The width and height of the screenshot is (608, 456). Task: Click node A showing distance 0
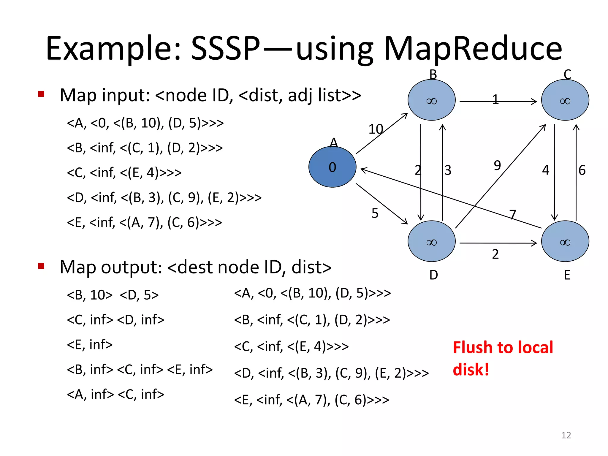[x=332, y=167]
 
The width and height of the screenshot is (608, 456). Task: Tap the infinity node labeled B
[x=431, y=100]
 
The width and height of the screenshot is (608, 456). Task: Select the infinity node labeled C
[x=565, y=100]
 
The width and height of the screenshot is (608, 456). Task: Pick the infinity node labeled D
[x=431, y=241]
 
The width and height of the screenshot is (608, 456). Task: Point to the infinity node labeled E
[x=565, y=241]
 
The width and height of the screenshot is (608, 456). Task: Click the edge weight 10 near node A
[x=376, y=129]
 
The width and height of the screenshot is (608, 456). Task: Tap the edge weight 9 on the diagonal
[x=497, y=165]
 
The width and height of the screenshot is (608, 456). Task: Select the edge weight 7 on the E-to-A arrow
[x=513, y=214]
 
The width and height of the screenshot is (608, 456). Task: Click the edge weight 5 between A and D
[x=375, y=213]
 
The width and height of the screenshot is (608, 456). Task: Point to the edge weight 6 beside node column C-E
[x=582, y=170]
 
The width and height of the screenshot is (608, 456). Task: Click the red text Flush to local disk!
[x=503, y=358]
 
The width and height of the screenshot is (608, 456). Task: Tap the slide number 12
[x=566, y=435]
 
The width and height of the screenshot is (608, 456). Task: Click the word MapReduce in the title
[x=473, y=49]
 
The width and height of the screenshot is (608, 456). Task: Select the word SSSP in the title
[x=225, y=49]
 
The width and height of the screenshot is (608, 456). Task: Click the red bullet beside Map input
[x=41, y=94]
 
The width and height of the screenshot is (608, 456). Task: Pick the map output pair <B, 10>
[x=90, y=295]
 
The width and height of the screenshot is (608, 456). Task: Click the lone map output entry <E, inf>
[x=90, y=345]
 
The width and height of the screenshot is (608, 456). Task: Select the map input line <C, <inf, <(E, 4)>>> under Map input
[x=124, y=172]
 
